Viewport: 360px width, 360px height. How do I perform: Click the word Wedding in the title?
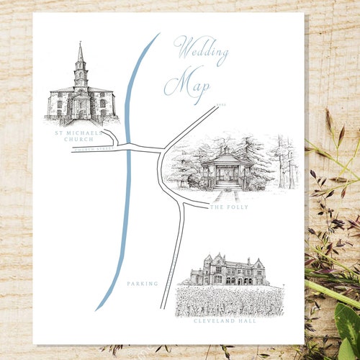click(202, 52)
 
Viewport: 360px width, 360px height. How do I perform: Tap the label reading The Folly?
click(229, 207)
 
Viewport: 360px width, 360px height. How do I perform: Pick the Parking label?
click(142, 284)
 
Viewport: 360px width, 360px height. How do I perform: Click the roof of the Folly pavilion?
click(227, 158)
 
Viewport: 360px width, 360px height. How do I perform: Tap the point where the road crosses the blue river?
click(128, 147)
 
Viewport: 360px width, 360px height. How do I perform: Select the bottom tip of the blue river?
click(96, 310)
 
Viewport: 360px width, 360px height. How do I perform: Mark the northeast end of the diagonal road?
click(216, 107)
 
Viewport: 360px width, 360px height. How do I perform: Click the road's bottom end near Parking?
click(165, 306)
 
